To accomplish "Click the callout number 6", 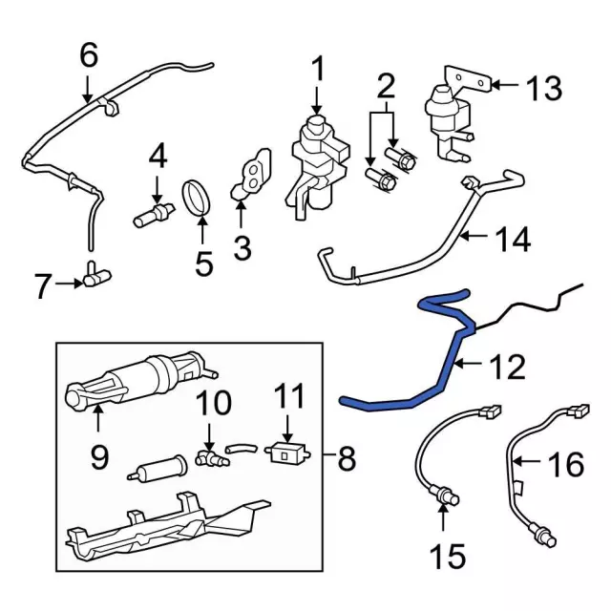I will click(x=89, y=55).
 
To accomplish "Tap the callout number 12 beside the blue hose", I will click(x=507, y=365).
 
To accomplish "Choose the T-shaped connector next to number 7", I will click(x=95, y=277).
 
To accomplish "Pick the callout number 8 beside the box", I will click(x=345, y=460).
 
